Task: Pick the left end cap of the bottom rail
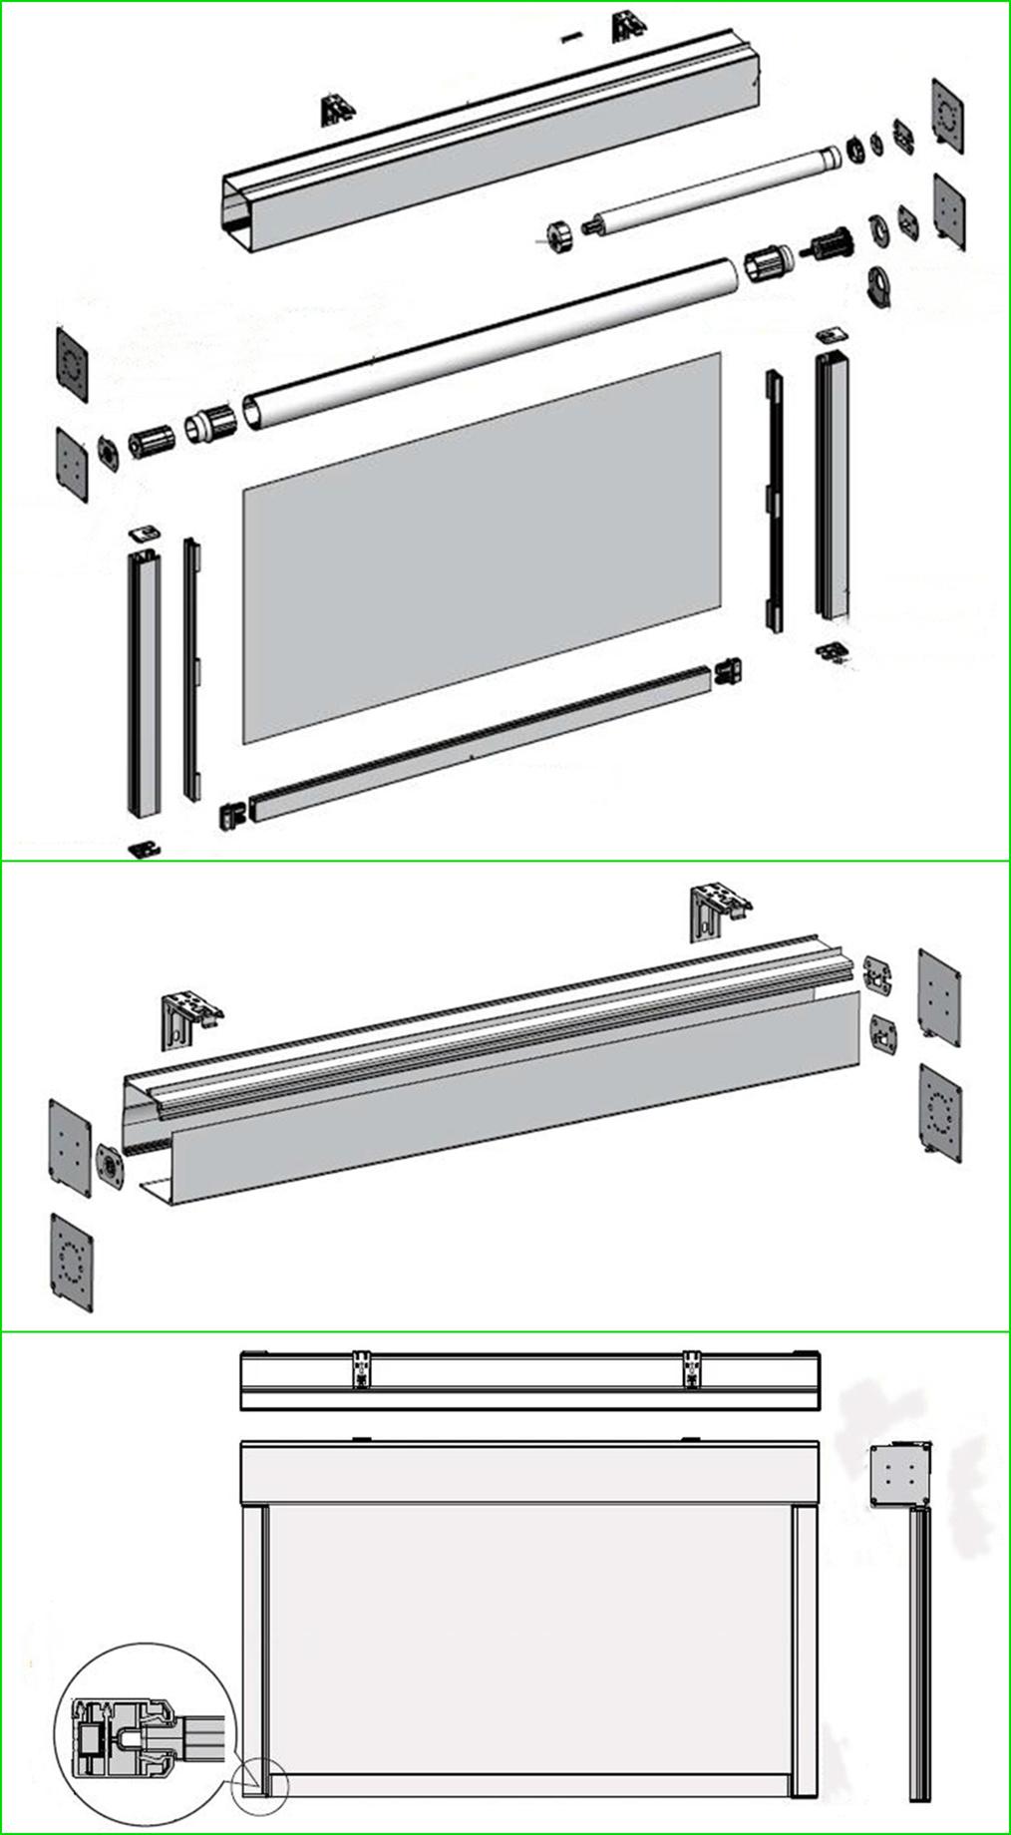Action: [x=231, y=814]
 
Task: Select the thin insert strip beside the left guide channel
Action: [x=190, y=668]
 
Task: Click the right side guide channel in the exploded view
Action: [x=834, y=484]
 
